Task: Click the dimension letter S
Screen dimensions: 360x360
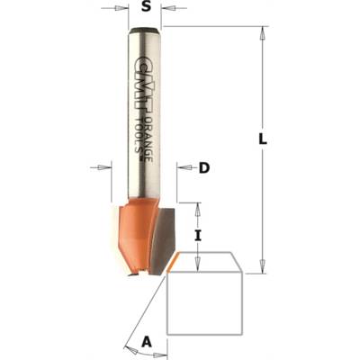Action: coord(146,7)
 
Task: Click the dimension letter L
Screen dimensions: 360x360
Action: coord(263,139)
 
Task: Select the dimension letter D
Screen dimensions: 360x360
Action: coord(204,168)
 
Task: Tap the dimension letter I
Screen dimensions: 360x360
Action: coord(197,236)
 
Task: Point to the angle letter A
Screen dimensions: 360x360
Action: coord(146,342)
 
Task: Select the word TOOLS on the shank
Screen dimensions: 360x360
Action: coord(139,136)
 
